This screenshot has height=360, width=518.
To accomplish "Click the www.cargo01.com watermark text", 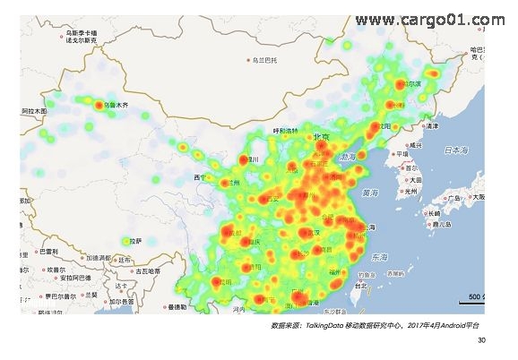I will (429, 20).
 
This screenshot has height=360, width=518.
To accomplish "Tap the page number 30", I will (481, 340).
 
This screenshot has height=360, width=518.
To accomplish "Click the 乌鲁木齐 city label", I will (118, 106).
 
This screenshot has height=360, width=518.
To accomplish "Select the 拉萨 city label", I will (134, 241).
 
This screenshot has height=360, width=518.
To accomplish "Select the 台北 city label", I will (360, 286).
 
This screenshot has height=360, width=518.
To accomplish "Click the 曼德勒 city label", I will (175, 307).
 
